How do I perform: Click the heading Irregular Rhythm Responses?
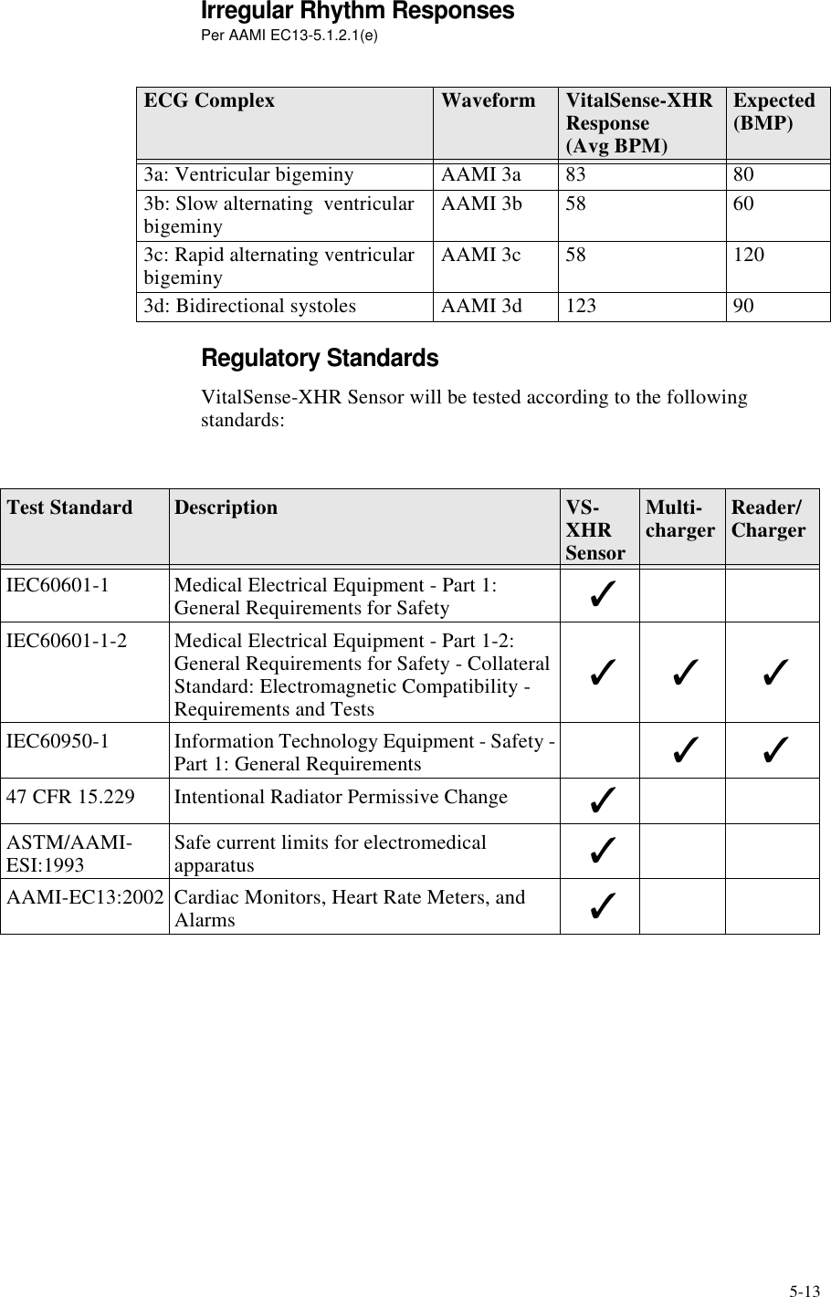[356, 13]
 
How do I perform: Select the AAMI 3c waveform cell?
[481, 255]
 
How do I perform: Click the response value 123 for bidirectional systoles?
[581, 306]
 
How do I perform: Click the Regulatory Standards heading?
[319, 359]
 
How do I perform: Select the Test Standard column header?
[69, 508]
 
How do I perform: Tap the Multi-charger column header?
[680, 519]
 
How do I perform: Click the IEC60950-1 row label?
[58, 741]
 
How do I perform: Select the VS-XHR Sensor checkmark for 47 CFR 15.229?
[601, 801]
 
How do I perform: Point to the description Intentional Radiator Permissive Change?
[341, 798]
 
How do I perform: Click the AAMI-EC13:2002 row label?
[84, 897]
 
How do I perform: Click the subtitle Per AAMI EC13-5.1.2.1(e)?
[289, 37]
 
